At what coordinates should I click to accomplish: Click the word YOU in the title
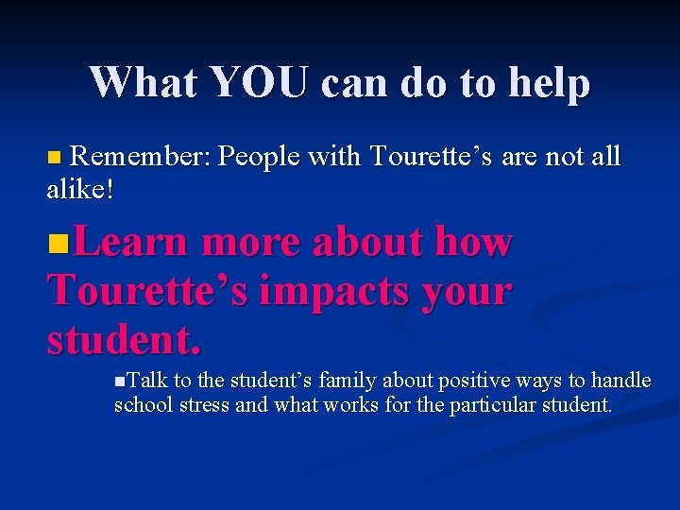pos(261,82)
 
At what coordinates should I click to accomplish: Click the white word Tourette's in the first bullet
pos(432,155)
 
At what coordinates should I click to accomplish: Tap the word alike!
pos(80,189)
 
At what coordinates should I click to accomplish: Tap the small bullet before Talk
pos(118,381)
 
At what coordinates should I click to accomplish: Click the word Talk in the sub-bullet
pos(145,381)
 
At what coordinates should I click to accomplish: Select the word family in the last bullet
pos(349,381)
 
